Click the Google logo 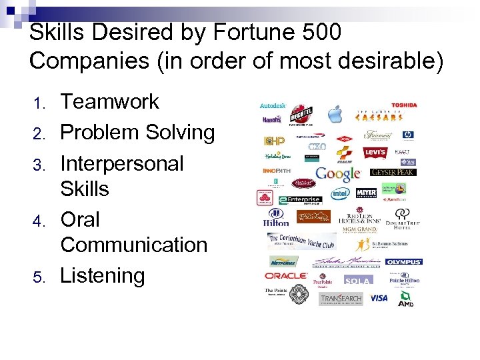338,174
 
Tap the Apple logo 334,113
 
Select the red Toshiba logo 404,105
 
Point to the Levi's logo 375,153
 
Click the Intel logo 341,194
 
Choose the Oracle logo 285,275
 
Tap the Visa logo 379,297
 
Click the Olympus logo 403,262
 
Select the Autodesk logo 273,105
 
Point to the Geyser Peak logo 393,172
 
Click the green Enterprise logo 300,199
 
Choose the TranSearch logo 340,298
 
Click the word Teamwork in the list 110,102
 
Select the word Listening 102,275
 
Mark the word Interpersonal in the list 121,163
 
